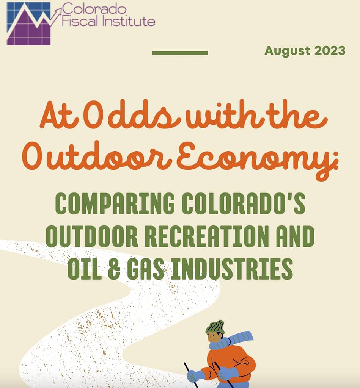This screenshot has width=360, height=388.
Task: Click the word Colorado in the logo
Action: (x=94, y=9)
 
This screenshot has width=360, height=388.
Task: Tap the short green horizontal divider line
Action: (x=180, y=52)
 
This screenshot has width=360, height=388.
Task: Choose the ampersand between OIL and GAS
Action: (x=115, y=269)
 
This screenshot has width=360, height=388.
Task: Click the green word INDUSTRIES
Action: (x=232, y=269)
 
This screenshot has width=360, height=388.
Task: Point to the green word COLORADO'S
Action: (x=243, y=203)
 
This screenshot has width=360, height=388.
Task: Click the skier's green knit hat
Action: (x=215, y=327)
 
